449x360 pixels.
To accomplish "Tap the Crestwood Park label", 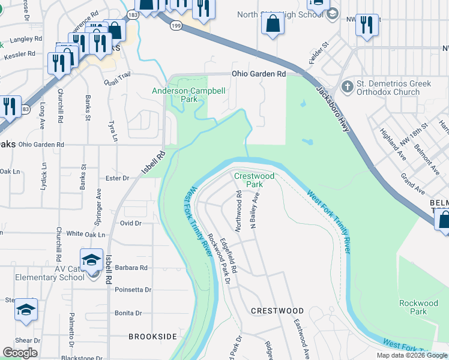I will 254,180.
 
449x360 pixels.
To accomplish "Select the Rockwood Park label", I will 418,307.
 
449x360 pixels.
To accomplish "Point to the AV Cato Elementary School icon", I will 92,260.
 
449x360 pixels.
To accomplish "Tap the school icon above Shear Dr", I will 26,310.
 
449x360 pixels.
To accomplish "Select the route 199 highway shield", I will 175,26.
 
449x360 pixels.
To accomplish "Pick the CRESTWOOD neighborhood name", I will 277,311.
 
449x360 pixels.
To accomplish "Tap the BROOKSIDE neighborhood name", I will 152,337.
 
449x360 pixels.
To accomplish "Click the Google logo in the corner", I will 20,353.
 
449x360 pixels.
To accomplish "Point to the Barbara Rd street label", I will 131,268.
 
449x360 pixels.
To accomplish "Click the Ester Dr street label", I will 117,178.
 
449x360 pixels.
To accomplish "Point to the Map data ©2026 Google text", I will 412,355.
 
